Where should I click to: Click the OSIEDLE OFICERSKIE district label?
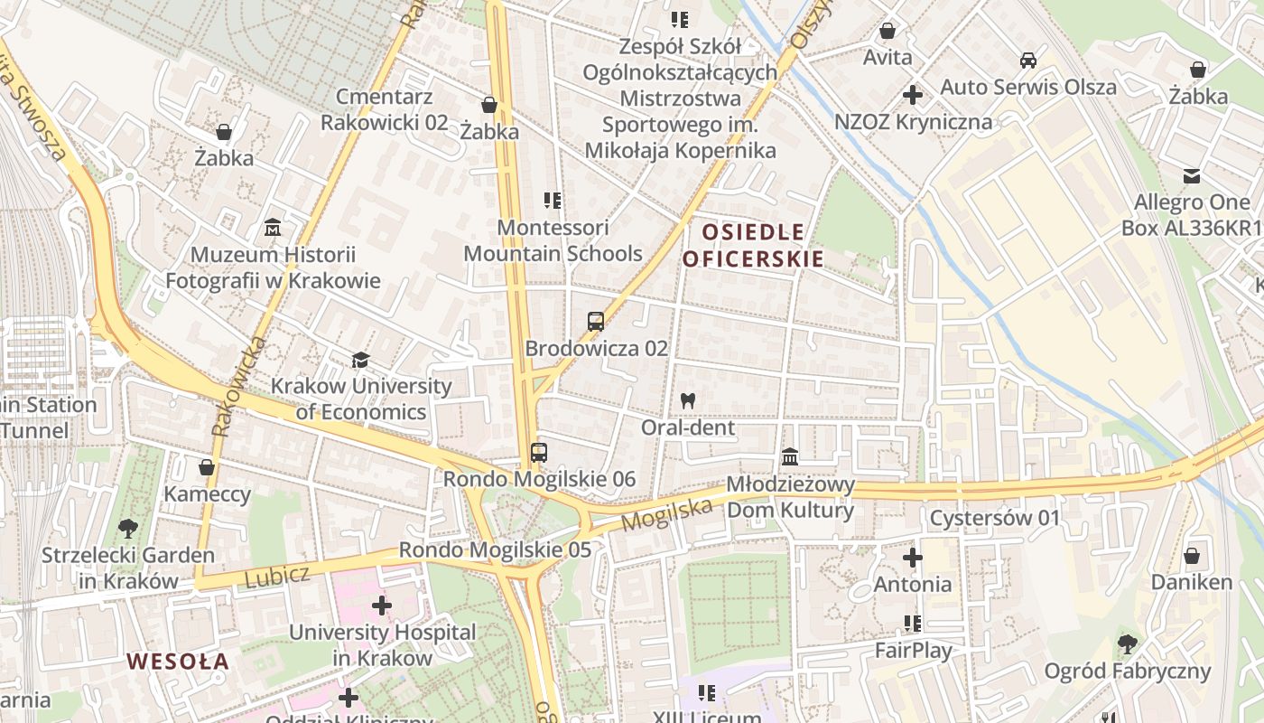pos(753,246)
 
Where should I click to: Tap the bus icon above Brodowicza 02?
pos(595,321)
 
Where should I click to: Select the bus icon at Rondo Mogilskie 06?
pos(538,452)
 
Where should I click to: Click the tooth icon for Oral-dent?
pos(688,400)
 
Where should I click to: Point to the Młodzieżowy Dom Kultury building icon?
pos(790,456)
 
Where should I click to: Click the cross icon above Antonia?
pos(913,557)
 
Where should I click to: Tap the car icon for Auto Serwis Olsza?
pos(1027,61)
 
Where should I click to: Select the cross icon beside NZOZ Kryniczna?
pos(913,94)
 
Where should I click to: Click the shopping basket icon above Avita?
pos(888,31)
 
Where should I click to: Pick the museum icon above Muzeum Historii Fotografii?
pos(273,228)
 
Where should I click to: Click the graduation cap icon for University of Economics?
pos(361,360)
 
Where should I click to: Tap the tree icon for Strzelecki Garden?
pos(127,528)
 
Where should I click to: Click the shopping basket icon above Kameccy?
pos(207,467)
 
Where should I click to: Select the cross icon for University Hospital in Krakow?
pos(382,606)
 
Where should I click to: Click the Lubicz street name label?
pos(277,576)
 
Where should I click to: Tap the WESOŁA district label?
pos(178,662)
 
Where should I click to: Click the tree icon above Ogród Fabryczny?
pos(1127,644)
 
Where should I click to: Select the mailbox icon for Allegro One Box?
pos(1192,175)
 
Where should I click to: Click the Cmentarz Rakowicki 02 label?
pos(385,109)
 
